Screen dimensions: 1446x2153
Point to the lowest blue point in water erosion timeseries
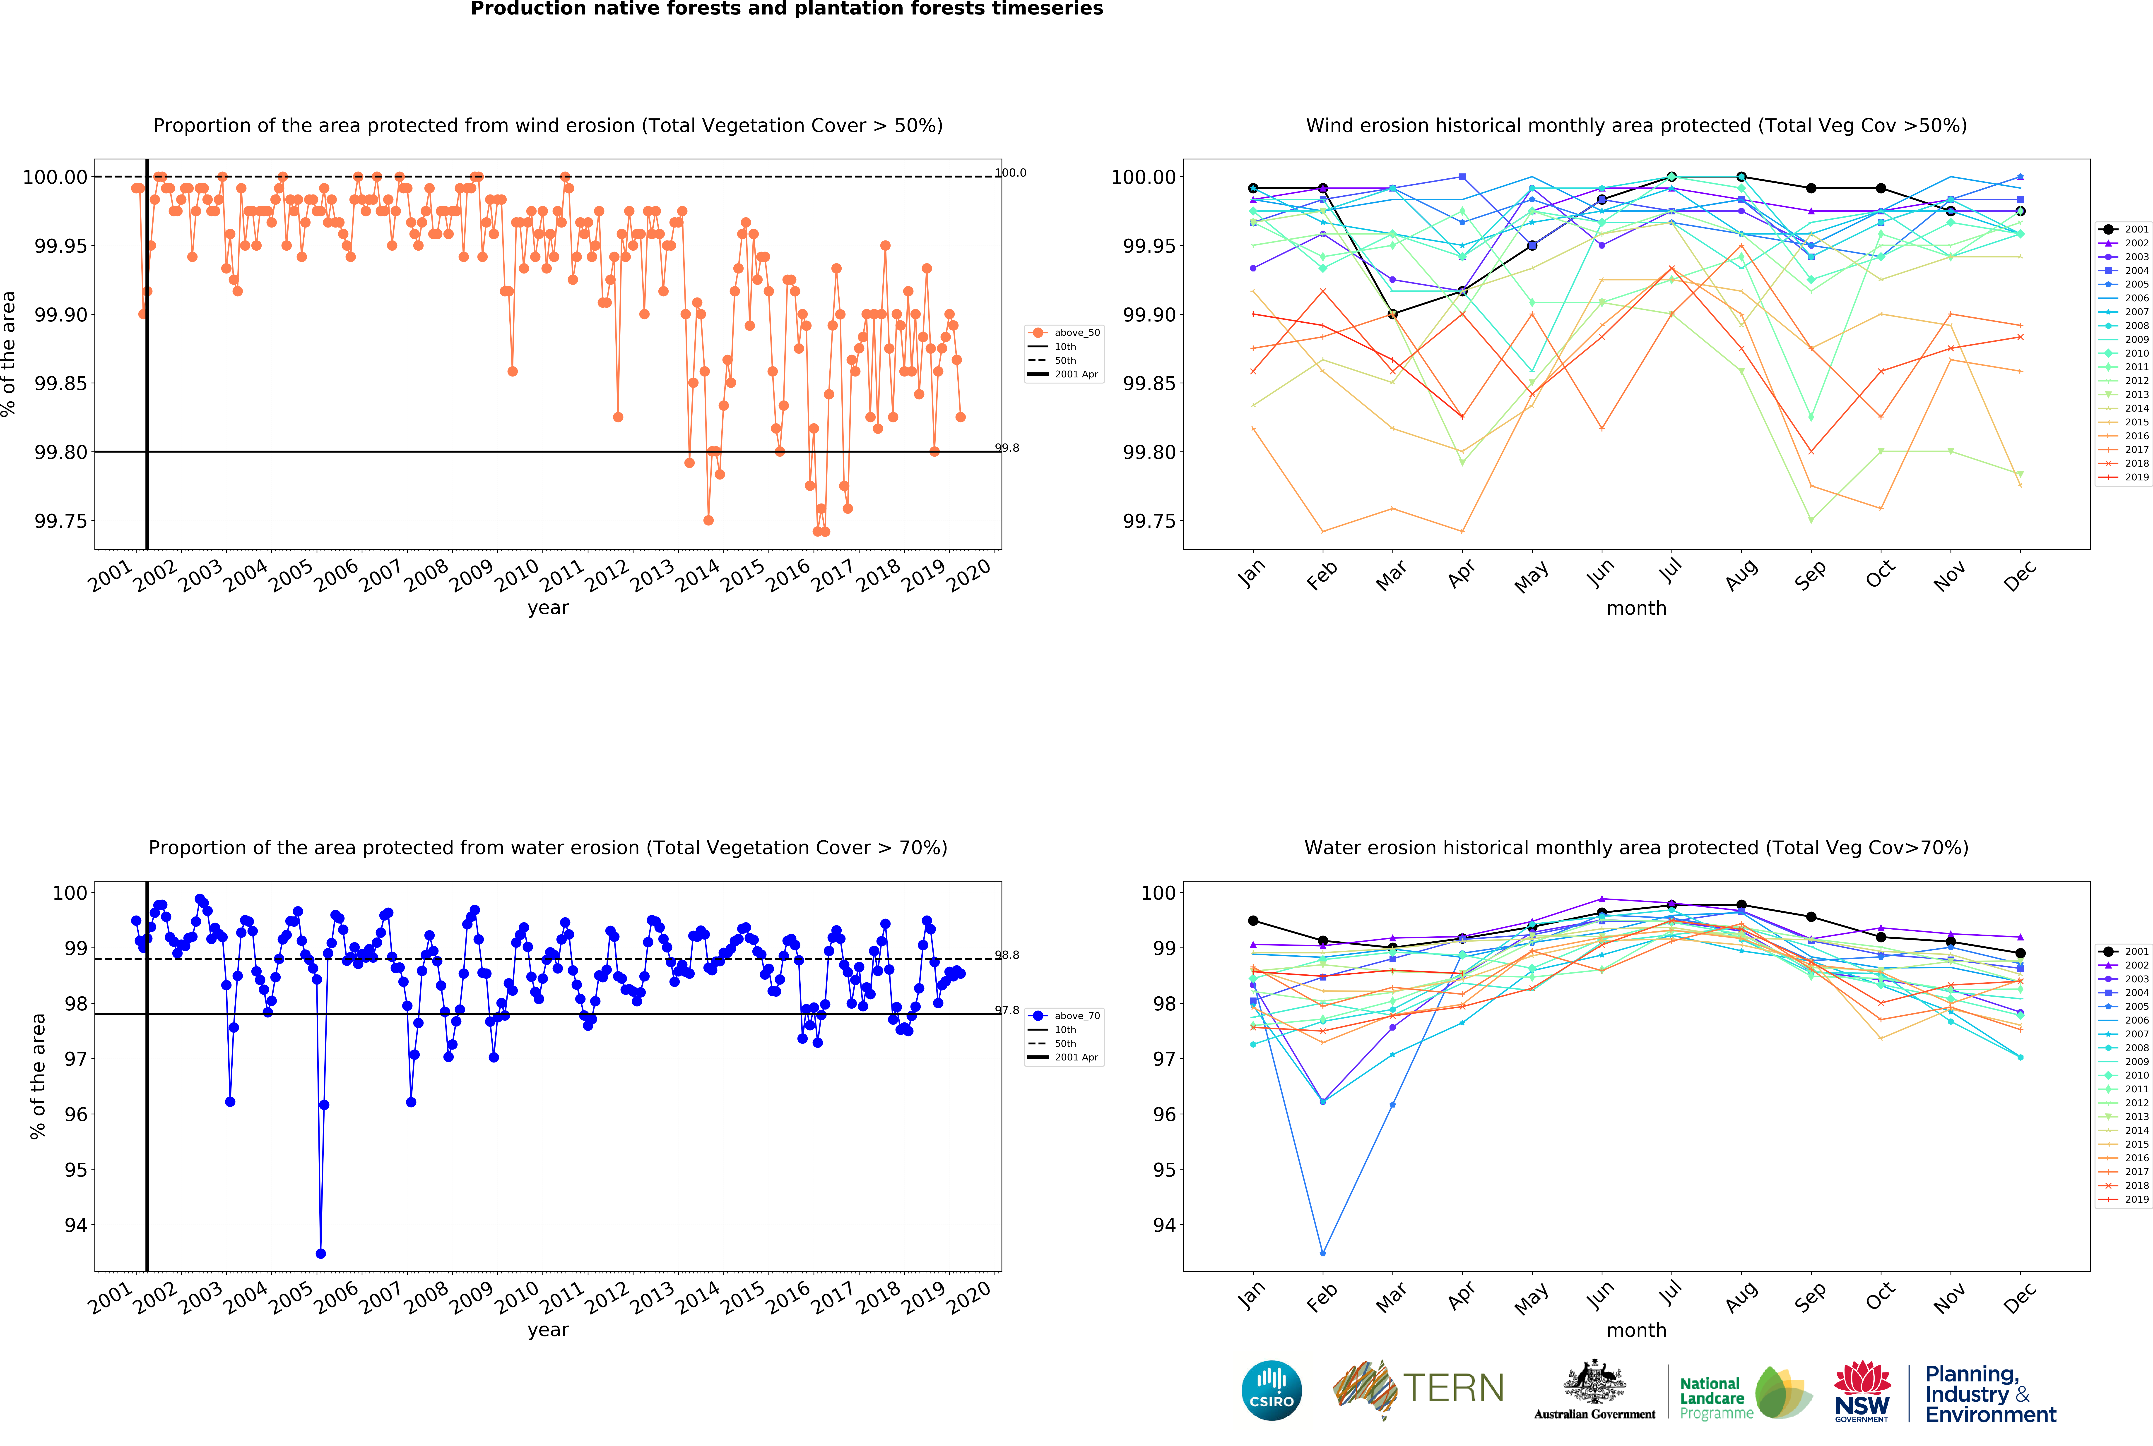320,1253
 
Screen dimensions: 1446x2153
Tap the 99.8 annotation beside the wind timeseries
1007,448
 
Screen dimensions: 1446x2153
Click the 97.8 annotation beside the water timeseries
1007,1011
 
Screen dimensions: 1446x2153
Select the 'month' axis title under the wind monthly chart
1636,609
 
